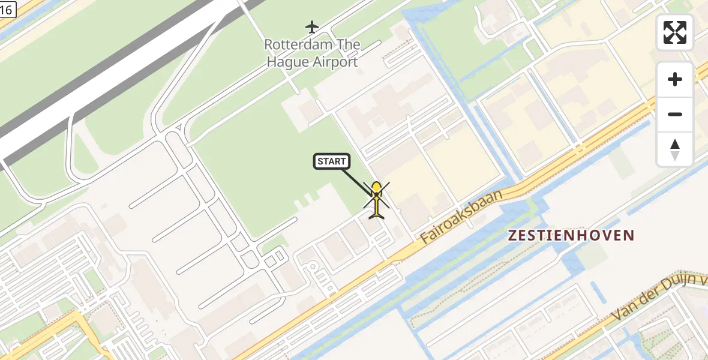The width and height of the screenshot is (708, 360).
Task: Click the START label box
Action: [331, 161]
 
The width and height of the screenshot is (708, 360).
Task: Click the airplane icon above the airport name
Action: [311, 27]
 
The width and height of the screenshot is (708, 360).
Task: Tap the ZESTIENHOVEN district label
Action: [571, 235]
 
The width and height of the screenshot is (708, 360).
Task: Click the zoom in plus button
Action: [675, 79]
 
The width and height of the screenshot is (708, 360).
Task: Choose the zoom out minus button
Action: [675, 114]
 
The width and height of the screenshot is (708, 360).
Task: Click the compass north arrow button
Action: [675, 149]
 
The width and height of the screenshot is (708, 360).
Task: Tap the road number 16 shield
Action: [7, 8]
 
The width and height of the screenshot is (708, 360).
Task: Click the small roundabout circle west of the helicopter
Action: [312, 267]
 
